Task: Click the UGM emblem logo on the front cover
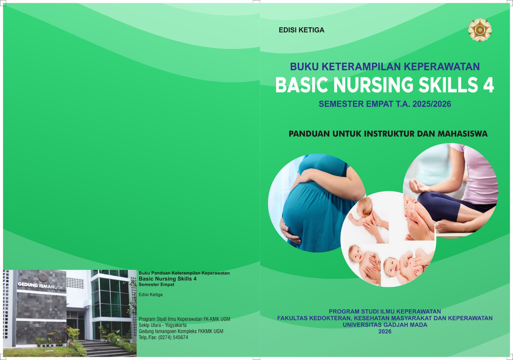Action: [480, 30]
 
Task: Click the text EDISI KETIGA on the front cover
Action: [301, 30]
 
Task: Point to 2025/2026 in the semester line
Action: [432, 104]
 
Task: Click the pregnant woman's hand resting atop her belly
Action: [308, 177]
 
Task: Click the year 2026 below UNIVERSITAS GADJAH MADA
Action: [385, 331]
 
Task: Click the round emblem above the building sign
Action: [43, 277]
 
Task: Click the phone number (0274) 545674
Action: [173, 337]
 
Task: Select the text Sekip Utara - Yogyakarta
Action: [163, 325]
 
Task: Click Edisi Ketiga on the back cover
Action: [151, 295]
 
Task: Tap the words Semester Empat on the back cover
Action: [156, 285]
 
